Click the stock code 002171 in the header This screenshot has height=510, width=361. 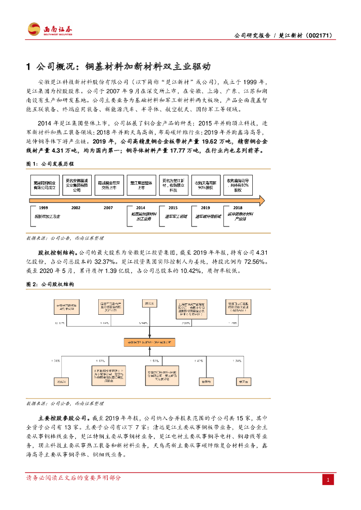[x=318, y=36]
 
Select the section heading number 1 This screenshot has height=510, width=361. [x=28, y=66]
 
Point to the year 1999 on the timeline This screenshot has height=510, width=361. [x=43, y=208]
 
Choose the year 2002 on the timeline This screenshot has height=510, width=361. [x=76, y=208]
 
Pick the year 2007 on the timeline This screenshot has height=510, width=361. [x=108, y=208]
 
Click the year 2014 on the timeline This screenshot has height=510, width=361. [x=141, y=208]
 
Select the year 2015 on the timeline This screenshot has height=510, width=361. [x=173, y=208]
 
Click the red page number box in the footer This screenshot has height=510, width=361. [x=328, y=480]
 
